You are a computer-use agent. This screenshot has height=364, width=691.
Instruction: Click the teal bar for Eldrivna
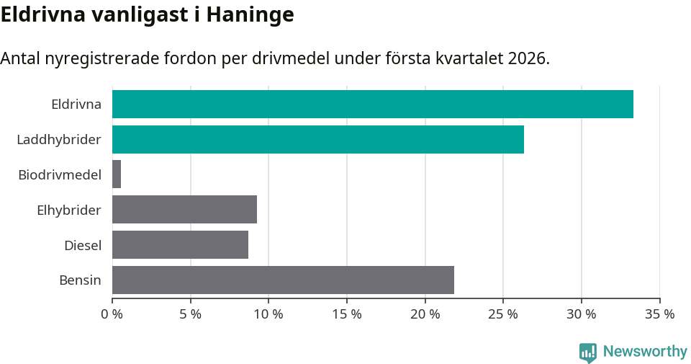373,104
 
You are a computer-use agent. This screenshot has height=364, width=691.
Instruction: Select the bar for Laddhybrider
318,139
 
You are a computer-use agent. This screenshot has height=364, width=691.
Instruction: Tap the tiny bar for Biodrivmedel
117,174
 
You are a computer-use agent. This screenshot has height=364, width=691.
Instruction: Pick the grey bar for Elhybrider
184,210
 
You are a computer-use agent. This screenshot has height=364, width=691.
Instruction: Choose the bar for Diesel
180,245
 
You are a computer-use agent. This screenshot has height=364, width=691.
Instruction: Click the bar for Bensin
283,280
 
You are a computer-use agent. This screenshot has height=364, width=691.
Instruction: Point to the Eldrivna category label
76,104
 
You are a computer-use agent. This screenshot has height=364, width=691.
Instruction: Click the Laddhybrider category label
59,139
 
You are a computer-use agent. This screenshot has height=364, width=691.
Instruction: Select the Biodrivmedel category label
60,174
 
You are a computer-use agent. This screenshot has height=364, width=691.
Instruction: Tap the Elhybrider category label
69,210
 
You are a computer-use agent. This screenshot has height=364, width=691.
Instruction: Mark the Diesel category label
83,245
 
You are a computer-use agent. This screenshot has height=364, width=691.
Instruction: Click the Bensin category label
80,280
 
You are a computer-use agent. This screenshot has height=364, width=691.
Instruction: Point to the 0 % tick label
112,314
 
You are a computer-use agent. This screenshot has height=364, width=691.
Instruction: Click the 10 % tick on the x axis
268,314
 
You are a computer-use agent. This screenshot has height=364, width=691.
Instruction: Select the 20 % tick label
425,314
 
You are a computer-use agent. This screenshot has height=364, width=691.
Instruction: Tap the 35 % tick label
660,314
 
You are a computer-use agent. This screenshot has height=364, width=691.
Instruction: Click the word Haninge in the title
250,15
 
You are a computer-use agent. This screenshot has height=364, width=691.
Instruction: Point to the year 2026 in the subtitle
527,58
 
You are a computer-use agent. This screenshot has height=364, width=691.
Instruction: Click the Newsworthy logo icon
588,352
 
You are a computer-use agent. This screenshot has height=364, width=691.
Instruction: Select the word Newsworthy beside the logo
645,352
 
